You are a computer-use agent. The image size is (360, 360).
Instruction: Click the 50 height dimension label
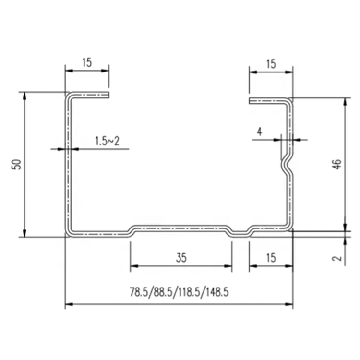tap(16, 164)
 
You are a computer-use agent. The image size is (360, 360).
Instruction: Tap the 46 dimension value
tap(337, 164)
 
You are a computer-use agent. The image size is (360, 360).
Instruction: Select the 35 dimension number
tap(181, 258)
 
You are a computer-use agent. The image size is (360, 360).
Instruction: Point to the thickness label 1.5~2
tap(107, 141)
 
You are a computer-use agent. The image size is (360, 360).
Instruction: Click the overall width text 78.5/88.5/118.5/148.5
tap(180, 292)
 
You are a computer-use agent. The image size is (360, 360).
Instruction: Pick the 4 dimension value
tap(259, 132)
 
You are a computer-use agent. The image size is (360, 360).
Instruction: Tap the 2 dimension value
tap(337, 258)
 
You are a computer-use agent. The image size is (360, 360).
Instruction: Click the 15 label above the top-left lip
tap(87, 62)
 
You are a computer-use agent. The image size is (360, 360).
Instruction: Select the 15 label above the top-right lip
tap(271, 64)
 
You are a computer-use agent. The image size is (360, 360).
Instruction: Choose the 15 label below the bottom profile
tap(271, 258)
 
